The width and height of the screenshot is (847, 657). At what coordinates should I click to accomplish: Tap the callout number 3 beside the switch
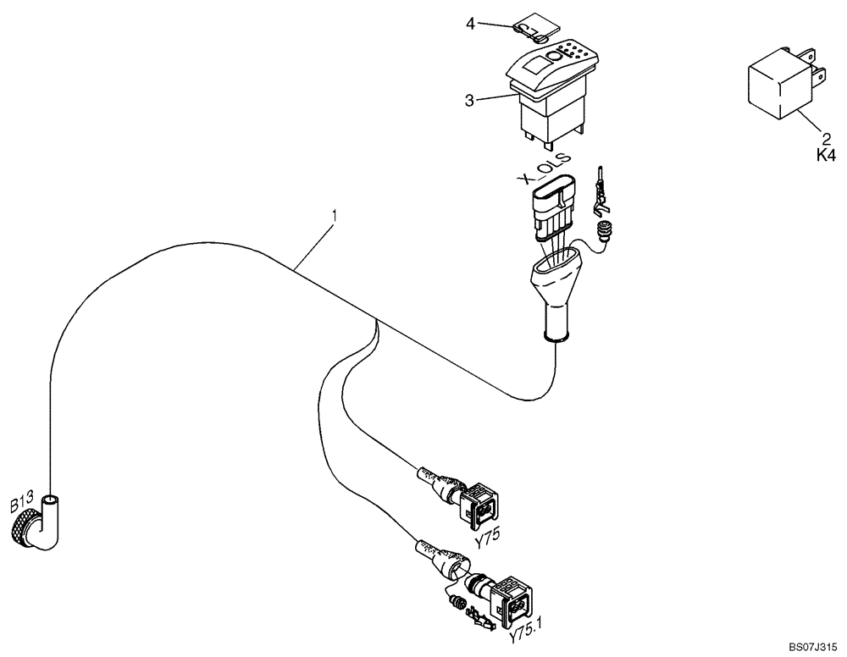[469, 100]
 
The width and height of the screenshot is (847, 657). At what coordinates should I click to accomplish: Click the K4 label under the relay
[825, 156]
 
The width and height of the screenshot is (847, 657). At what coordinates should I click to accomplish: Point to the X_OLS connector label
[543, 169]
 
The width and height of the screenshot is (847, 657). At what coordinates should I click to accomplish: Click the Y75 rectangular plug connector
[479, 501]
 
